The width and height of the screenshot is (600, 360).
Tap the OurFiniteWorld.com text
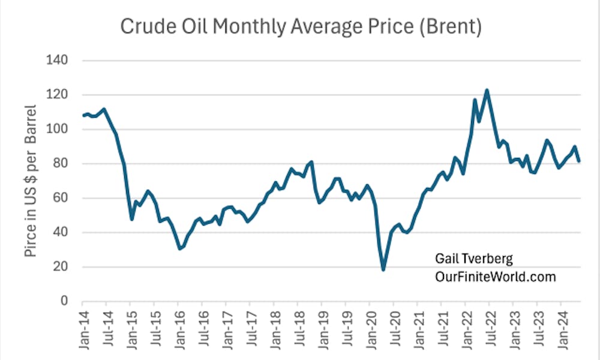(x=496, y=277)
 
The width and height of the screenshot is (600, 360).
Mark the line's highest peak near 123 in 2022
(x=487, y=90)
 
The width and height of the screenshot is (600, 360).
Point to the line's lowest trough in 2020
(x=383, y=269)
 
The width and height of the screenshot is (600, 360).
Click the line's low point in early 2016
(x=179, y=248)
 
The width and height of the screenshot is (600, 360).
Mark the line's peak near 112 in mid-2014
(x=104, y=109)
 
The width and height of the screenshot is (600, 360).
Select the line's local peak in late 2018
(x=312, y=162)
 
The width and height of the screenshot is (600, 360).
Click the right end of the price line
(x=579, y=161)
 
